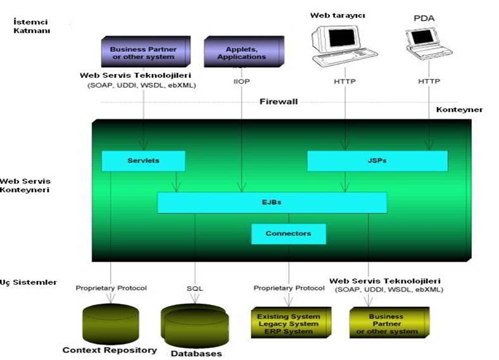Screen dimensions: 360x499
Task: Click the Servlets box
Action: pyautogui.click(x=143, y=161)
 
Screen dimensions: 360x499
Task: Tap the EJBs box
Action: pyautogui.click(x=272, y=202)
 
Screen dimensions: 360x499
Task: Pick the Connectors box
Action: pyautogui.click(x=288, y=233)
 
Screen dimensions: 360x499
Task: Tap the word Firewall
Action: pyautogui.click(x=278, y=101)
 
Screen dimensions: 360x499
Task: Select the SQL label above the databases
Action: pyautogui.click(x=194, y=288)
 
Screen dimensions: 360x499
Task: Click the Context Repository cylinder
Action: pyautogui.click(x=110, y=322)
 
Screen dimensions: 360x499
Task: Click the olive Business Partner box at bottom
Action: pyautogui.click(x=386, y=322)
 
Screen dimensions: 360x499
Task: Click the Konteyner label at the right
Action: pyautogui.click(x=459, y=109)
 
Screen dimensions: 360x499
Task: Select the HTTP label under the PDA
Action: pyautogui.click(x=429, y=81)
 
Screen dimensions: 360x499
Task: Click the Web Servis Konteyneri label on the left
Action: pyautogui.click(x=25, y=185)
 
